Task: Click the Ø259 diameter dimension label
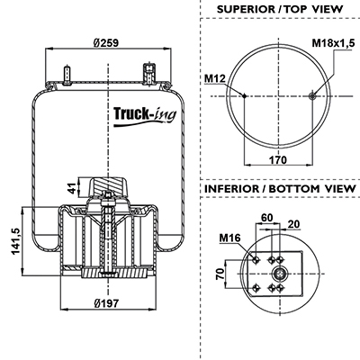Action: click(x=106, y=43)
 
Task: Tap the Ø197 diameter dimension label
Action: click(x=106, y=303)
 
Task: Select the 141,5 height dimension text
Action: click(x=15, y=241)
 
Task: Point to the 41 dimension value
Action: click(x=71, y=189)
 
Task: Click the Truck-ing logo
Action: click(x=145, y=116)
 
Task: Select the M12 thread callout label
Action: click(x=214, y=78)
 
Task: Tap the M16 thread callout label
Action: click(x=229, y=238)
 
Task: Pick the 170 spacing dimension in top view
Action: click(x=278, y=160)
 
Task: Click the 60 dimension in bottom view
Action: click(x=267, y=217)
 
